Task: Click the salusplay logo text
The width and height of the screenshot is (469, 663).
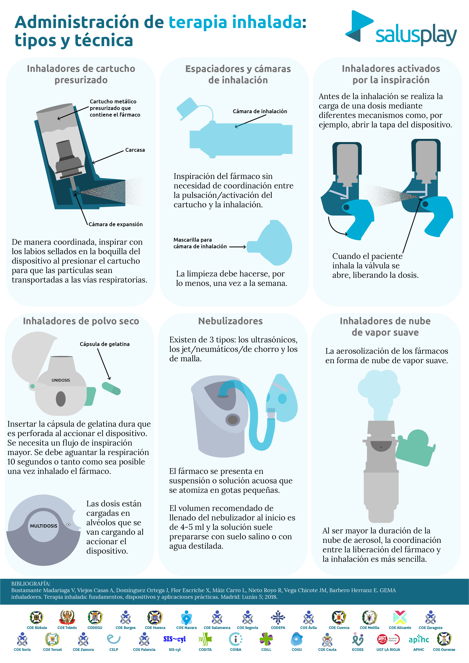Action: tap(416, 36)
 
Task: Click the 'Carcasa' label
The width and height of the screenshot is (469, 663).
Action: tap(135, 150)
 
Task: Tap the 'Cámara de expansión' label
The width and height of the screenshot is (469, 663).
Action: tap(115, 224)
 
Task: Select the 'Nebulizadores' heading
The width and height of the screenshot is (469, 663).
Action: tap(231, 321)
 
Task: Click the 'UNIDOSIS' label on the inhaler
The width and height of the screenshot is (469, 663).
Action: tap(61, 380)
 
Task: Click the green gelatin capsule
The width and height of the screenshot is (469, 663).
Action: tap(111, 388)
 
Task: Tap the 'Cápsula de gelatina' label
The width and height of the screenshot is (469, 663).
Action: tap(104, 344)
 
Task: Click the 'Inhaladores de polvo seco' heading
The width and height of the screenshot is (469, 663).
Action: tap(81, 321)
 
